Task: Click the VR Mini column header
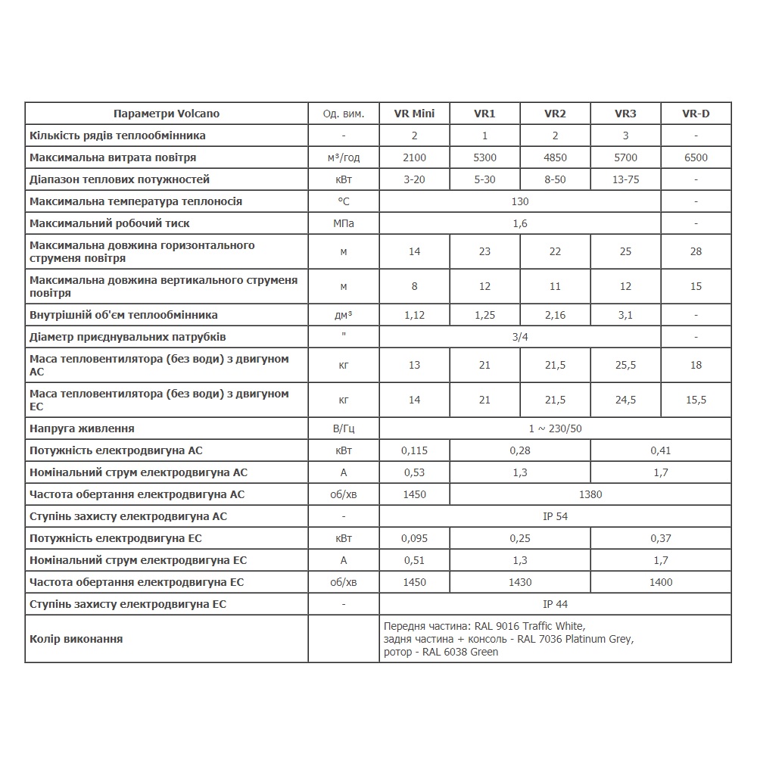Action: (x=414, y=114)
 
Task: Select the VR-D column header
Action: (x=696, y=114)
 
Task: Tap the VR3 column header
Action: (x=625, y=114)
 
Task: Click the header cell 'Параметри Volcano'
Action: (x=167, y=114)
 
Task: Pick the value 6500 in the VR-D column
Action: (x=696, y=157)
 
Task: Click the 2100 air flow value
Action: (x=414, y=157)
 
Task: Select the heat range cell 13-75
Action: (x=625, y=179)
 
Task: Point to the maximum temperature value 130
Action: (x=520, y=201)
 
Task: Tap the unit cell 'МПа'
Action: (x=344, y=223)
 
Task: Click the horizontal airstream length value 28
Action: (x=696, y=251)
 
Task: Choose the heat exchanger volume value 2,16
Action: (x=555, y=314)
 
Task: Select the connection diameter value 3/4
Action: (x=520, y=336)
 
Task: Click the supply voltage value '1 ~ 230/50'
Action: (x=555, y=428)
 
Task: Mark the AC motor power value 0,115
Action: (x=414, y=450)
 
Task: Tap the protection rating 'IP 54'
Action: (x=555, y=516)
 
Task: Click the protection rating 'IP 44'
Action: (x=555, y=604)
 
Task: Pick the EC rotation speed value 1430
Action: (x=520, y=582)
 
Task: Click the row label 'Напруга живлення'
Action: (x=82, y=428)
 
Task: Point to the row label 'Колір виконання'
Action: (x=76, y=639)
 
